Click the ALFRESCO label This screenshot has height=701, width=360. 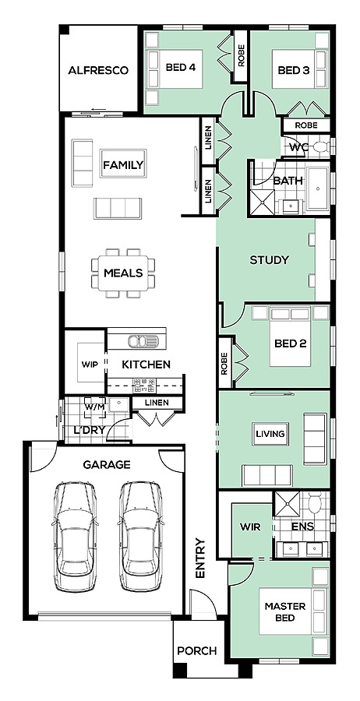tap(98, 71)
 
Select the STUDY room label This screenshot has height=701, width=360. tap(269, 260)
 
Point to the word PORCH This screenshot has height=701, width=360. tap(197, 651)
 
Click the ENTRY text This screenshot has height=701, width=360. tap(200, 558)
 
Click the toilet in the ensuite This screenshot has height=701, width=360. tap(316, 503)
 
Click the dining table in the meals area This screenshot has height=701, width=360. tap(123, 273)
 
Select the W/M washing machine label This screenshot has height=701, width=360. tap(95, 407)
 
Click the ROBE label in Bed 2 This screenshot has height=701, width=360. tap(224, 363)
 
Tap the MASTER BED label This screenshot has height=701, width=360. tap(285, 612)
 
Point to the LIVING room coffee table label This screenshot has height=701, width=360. tap(270, 434)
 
